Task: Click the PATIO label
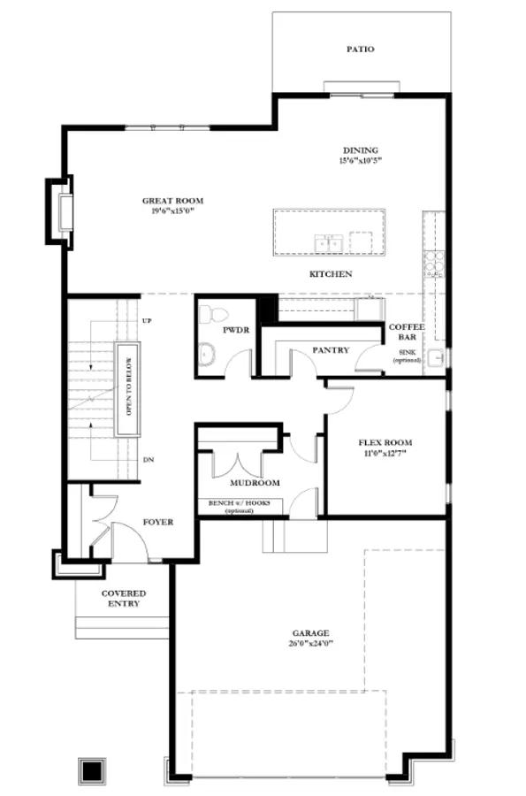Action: tap(359, 50)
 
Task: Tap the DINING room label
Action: tap(360, 150)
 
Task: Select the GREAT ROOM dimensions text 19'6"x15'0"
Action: tap(167, 211)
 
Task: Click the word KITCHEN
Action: tap(331, 274)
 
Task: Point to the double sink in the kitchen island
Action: tap(329, 242)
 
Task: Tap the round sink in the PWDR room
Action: tap(207, 356)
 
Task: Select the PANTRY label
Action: tap(331, 350)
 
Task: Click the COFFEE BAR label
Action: tap(407, 332)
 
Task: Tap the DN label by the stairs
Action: tap(148, 461)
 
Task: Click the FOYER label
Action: tap(157, 522)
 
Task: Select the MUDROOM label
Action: tap(255, 483)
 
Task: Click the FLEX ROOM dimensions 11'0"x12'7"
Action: tap(385, 455)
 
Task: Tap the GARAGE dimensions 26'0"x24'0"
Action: tap(311, 645)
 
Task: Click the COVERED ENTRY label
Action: tap(124, 598)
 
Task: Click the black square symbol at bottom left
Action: tap(90, 770)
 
